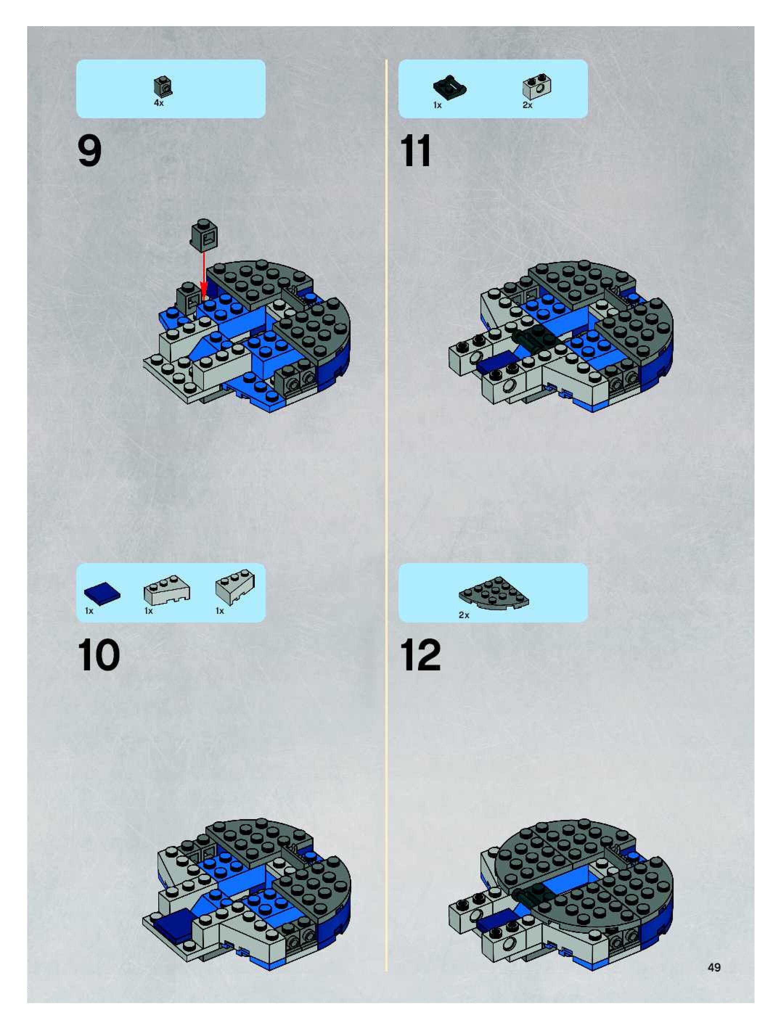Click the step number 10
[x=98, y=655]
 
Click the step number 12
[x=420, y=655]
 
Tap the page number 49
[x=714, y=967]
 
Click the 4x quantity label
[x=159, y=103]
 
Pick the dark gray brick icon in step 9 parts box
[x=163, y=86]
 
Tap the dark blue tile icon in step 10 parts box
[x=102, y=593]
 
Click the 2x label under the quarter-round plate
[x=463, y=615]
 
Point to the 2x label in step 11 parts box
[x=527, y=105]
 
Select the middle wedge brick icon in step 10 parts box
[x=167, y=590]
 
